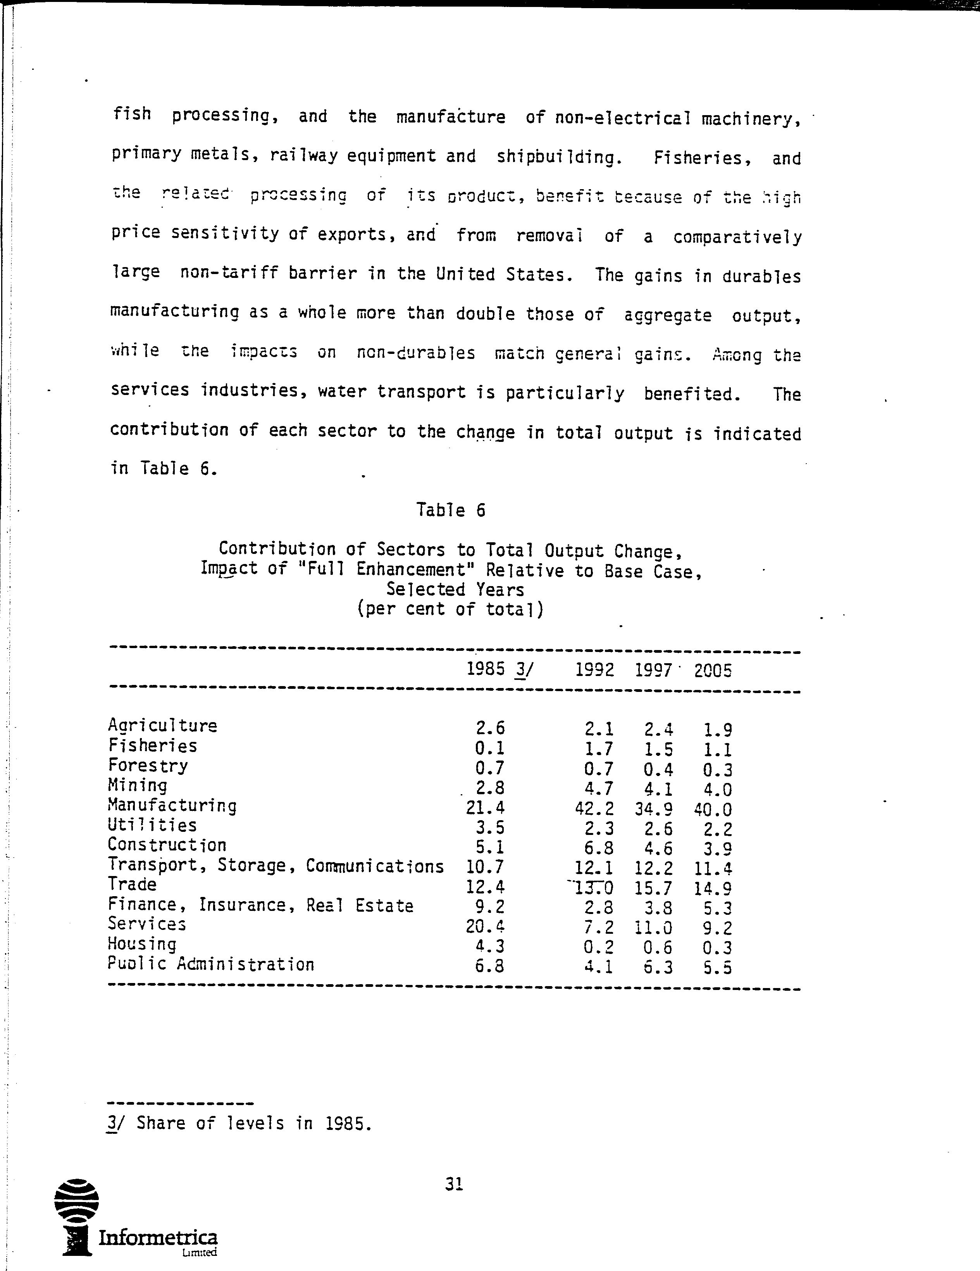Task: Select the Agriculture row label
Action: (x=162, y=726)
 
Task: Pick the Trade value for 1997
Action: (x=654, y=888)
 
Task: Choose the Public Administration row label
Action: (x=211, y=965)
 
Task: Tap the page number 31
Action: (x=454, y=1184)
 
